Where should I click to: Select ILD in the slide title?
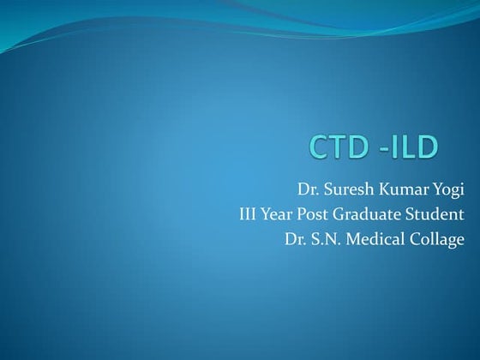click(414, 147)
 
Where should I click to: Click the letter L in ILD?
click(409, 147)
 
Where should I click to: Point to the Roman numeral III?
click(250, 213)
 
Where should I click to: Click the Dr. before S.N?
click(296, 237)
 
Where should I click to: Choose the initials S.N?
click(328, 237)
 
